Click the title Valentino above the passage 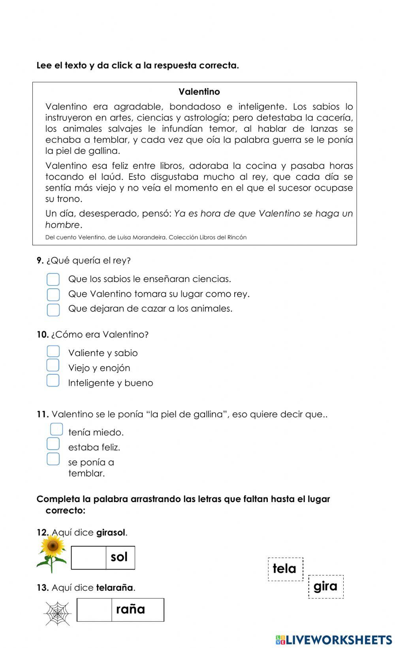tap(199, 92)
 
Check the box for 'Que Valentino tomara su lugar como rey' tap(53, 294)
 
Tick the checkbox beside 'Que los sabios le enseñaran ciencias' tap(53, 279)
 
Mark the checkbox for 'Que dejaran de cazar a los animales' tap(53, 309)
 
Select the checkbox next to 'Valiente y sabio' tap(53, 351)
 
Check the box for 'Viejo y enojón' tap(53, 366)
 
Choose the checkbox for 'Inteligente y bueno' tap(53, 381)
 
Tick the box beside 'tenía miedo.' tap(56, 429)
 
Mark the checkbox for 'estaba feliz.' tap(53, 444)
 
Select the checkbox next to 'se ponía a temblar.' tap(53, 459)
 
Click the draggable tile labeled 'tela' tap(285, 569)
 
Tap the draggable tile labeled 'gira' tap(325, 586)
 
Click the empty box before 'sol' tap(88, 557)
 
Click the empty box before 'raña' tap(94, 610)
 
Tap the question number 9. tap(40, 260)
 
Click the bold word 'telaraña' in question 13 tap(115, 588)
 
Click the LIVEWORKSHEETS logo tap(334, 639)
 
